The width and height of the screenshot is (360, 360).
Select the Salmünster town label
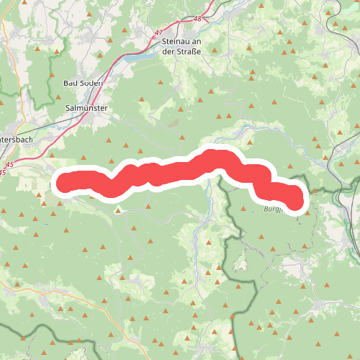86,107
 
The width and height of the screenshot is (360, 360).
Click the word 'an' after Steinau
194,42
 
